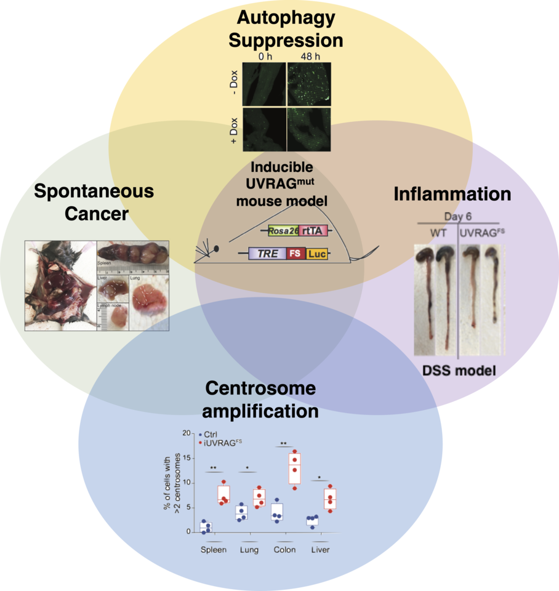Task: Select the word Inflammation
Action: (452, 195)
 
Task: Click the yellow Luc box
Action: (316, 253)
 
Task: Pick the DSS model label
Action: (459, 371)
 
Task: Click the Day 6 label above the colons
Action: (457, 217)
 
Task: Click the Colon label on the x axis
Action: (284, 550)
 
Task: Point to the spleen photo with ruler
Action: (132, 257)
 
